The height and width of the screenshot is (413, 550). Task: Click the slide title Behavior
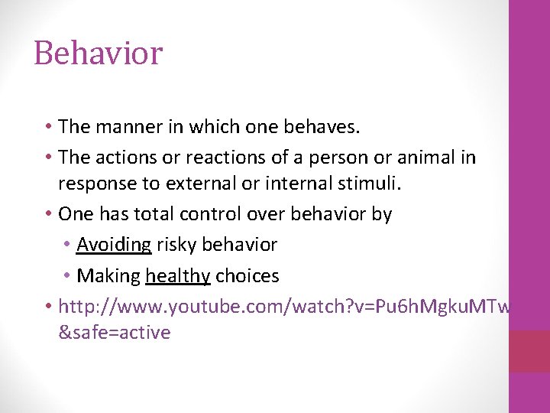pos(98,54)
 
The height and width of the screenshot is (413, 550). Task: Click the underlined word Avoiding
pos(114,245)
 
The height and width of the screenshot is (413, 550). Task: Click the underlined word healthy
pos(178,275)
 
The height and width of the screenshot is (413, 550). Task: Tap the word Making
pos(108,275)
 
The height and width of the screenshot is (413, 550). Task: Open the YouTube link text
pos(283,307)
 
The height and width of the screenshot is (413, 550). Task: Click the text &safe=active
pos(115,332)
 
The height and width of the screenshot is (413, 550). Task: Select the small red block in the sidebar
pos(529,351)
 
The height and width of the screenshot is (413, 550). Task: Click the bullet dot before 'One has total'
pos(48,214)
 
